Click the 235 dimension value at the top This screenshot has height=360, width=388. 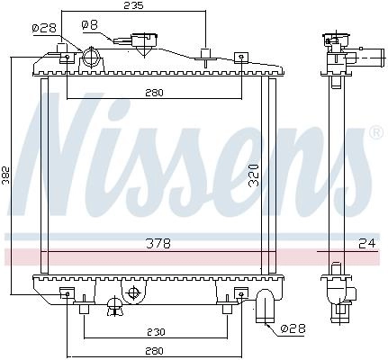[134, 5]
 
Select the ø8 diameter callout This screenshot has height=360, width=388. [90, 25]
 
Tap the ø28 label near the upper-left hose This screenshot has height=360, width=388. [44, 28]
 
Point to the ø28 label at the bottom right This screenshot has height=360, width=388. [293, 328]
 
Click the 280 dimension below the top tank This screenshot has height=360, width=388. [155, 93]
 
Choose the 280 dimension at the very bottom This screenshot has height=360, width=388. [155, 351]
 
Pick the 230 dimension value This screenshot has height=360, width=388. [156, 332]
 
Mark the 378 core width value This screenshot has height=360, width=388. [158, 243]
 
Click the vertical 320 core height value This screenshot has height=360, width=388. [254, 175]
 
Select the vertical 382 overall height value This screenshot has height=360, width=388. [6, 175]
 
